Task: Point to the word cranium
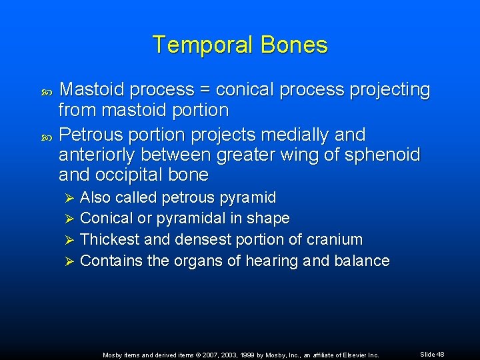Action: click(336, 239)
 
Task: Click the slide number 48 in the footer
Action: click(440, 355)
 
